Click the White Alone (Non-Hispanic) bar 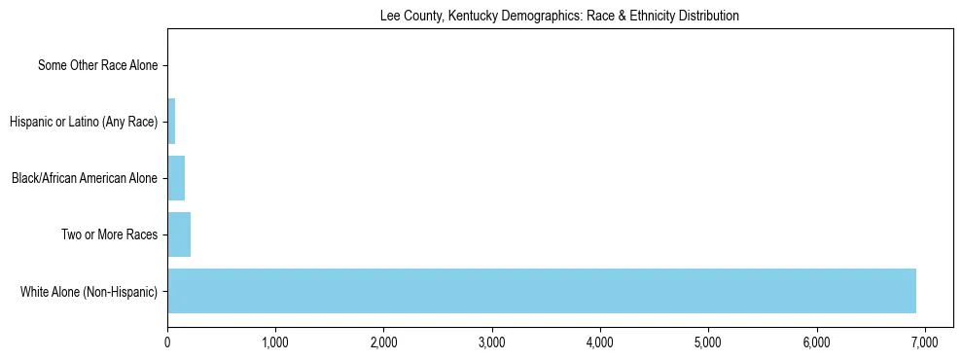tap(541, 291)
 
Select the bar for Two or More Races tap(179, 234)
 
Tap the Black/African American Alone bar tap(176, 178)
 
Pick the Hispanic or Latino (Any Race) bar tap(171, 122)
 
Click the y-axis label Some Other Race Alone tap(97, 66)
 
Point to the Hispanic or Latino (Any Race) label tap(84, 122)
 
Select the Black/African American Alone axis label tap(84, 178)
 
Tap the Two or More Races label tap(108, 234)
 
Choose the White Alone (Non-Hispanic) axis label tap(89, 291)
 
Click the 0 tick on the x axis tap(167, 342)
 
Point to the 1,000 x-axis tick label tap(275, 342)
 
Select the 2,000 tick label tap(383, 342)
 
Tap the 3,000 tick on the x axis tap(492, 342)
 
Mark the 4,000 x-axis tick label tap(600, 342)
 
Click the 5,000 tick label tap(708, 342)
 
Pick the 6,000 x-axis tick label tap(817, 342)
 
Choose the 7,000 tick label tap(925, 342)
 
